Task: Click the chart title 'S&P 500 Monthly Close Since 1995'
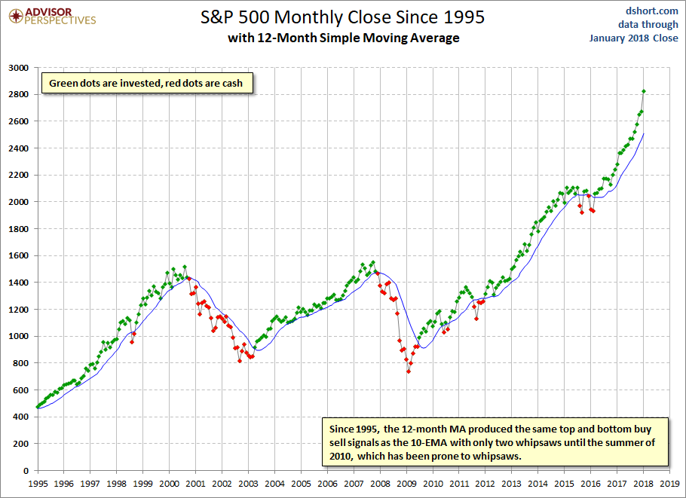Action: [x=342, y=16]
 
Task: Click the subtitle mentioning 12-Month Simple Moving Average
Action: [x=343, y=38]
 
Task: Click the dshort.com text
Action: [x=652, y=11]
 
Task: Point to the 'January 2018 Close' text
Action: [x=634, y=38]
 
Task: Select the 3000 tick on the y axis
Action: [x=17, y=68]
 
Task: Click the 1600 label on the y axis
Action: [x=17, y=255]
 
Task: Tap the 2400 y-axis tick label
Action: [x=17, y=148]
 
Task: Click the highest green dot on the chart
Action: [x=643, y=91]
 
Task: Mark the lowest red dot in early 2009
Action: [x=409, y=371]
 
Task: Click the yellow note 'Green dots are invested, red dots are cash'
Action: [x=146, y=83]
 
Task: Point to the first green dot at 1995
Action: [x=38, y=407]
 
